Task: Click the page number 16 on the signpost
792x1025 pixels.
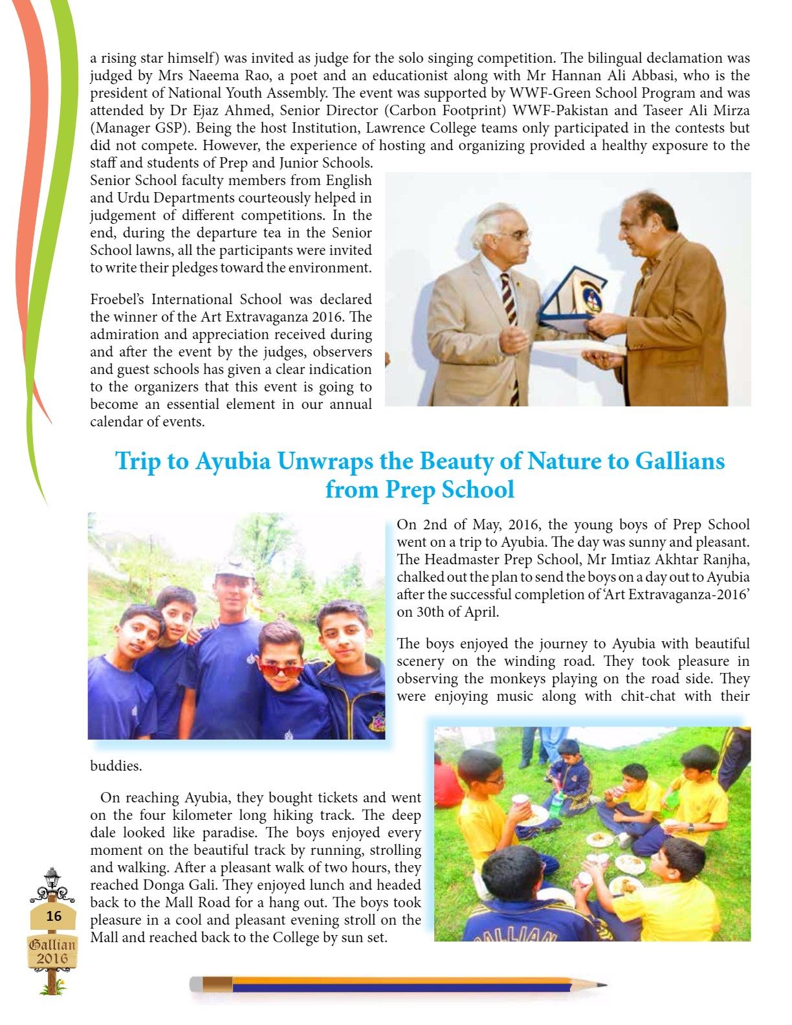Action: coord(54,916)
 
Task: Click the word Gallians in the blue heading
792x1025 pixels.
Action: coord(679,461)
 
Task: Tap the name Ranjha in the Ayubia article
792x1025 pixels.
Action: coord(727,560)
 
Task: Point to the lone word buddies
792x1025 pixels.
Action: coord(116,766)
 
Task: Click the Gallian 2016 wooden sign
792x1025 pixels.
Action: coord(52,951)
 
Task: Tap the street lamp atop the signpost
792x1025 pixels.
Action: coord(52,878)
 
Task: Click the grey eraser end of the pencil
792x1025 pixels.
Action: coord(196,984)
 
